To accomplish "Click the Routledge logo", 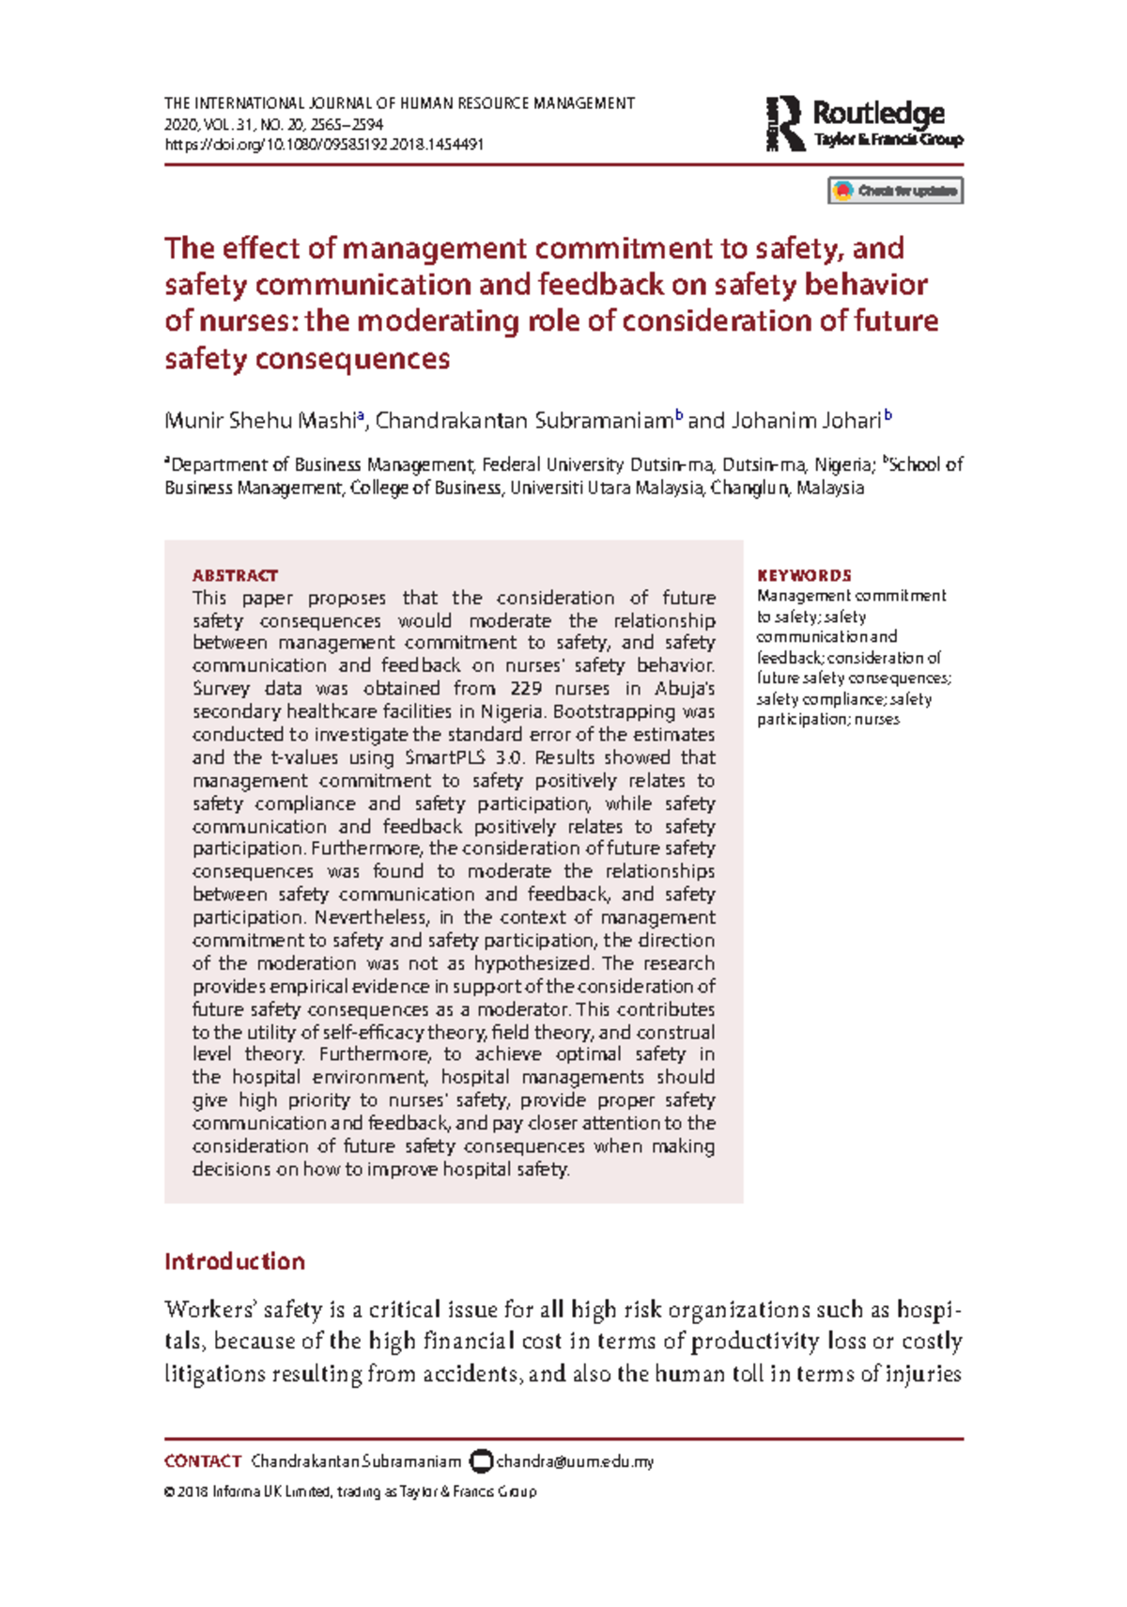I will click(x=864, y=124).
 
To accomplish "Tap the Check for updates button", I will click(x=895, y=191).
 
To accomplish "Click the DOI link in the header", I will click(x=324, y=145).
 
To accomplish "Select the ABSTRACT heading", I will click(x=235, y=575).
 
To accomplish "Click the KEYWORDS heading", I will click(x=804, y=575).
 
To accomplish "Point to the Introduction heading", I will click(x=235, y=1261).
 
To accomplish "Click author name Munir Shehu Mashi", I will click(x=260, y=420).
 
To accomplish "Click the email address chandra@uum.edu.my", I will click(x=575, y=1461).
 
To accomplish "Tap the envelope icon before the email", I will click(x=481, y=1461).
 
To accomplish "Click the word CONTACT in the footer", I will click(x=203, y=1461).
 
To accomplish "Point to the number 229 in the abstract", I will click(x=525, y=689).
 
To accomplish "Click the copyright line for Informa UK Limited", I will click(x=350, y=1491).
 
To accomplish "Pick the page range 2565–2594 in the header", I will click(x=352, y=124).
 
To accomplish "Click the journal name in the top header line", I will click(x=399, y=103).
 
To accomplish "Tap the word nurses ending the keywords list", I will click(x=877, y=720).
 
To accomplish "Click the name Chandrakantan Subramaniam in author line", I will click(x=524, y=420).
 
